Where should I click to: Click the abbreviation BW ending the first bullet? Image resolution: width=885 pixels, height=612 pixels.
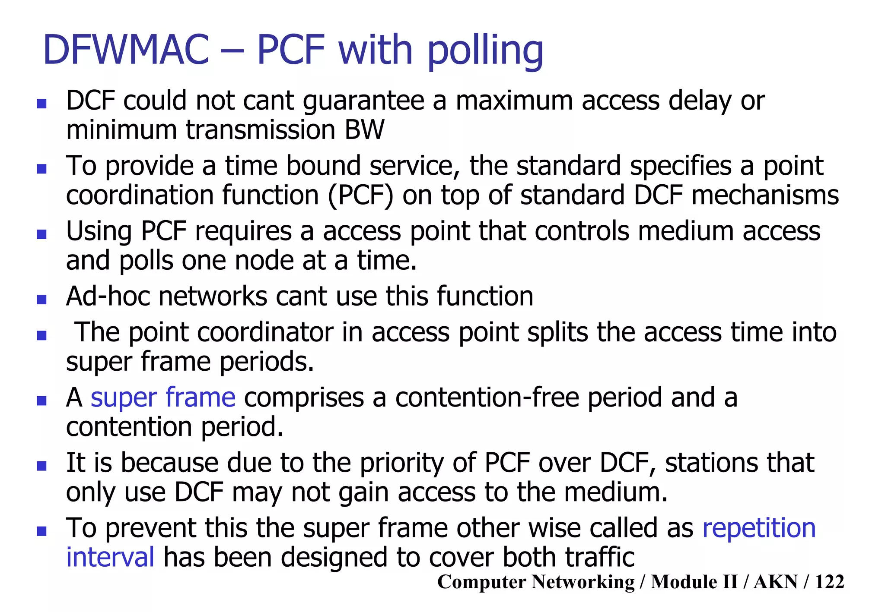[364, 130]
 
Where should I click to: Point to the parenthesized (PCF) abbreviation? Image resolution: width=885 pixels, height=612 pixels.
[361, 196]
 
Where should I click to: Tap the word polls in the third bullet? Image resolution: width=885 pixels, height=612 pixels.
[146, 261]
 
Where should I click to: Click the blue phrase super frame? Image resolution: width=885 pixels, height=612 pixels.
[163, 397]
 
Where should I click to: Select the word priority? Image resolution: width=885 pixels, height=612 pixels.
[401, 463]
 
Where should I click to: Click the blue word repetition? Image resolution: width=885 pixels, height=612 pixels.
[759, 528]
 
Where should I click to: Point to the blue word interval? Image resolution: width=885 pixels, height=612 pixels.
[110, 557]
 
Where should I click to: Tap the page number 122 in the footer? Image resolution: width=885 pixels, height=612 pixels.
[829, 582]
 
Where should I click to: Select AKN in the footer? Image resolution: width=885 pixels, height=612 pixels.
[775, 582]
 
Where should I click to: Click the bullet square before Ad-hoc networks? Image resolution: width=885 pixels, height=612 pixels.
[41, 299]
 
